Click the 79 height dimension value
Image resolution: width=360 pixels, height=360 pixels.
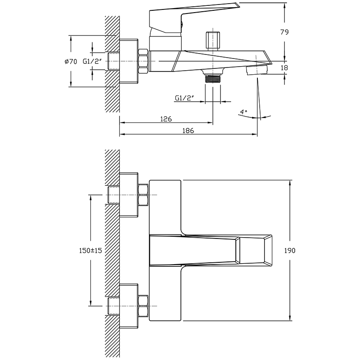click(x=284, y=32)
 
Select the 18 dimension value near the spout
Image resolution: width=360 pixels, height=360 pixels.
click(x=284, y=68)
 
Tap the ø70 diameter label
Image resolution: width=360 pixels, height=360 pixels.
click(x=71, y=61)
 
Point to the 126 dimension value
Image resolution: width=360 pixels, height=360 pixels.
click(x=166, y=119)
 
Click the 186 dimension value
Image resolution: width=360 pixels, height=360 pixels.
click(x=188, y=130)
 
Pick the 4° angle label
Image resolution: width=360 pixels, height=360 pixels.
click(x=243, y=112)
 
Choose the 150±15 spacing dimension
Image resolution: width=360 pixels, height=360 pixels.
click(x=90, y=250)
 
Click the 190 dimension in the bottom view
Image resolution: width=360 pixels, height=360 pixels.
click(x=290, y=250)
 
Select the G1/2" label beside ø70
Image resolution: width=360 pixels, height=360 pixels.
click(x=92, y=61)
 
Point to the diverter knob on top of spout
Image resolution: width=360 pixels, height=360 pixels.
click(x=213, y=41)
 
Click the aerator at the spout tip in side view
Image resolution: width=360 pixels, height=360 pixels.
click(x=256, y=70)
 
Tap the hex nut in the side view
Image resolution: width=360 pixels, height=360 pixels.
click(x=144, y=61)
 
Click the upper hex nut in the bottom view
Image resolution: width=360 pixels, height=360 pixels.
click(x=144, y=195)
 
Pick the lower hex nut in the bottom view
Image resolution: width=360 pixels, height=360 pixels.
click(x=144, y=306)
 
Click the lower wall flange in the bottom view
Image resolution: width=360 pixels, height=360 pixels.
click(x=129, y=306)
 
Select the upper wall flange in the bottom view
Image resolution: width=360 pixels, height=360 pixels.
click(x=129, y=195)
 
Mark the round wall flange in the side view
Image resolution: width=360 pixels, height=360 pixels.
click(x=129, y=61)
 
